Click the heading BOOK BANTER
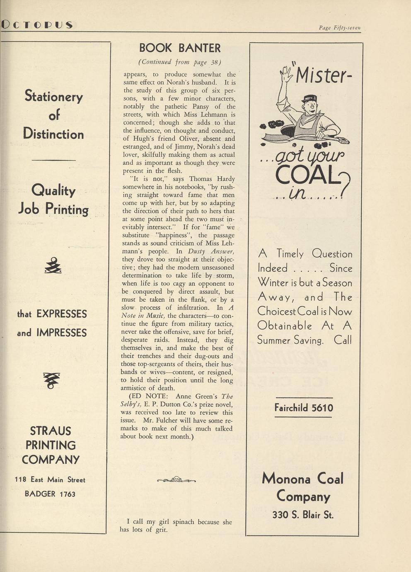(x=179, y=48)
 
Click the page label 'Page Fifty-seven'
(x=340, y=28)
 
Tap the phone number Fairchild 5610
(x=304, y=408)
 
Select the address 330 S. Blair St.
(x=303, y=515)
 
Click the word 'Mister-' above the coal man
(x=325, y=75)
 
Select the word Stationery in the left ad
(x=54, y=96)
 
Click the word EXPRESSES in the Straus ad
(x=62, y=314)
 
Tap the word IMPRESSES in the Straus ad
(x=62, y=333)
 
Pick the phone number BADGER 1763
(x=50, y=494)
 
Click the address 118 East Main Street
(x=50, y=480)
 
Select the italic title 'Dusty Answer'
(x=211, y=251)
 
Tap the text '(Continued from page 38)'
(x=179, y=62)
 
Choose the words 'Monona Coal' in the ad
(x=303, y=479)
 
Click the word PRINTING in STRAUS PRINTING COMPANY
(x=51, y=445)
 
